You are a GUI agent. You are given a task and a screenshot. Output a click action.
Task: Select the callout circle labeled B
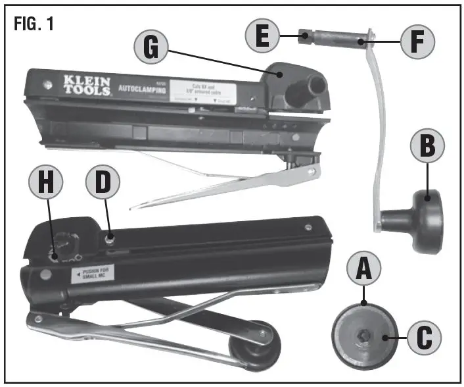coord(427,148)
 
